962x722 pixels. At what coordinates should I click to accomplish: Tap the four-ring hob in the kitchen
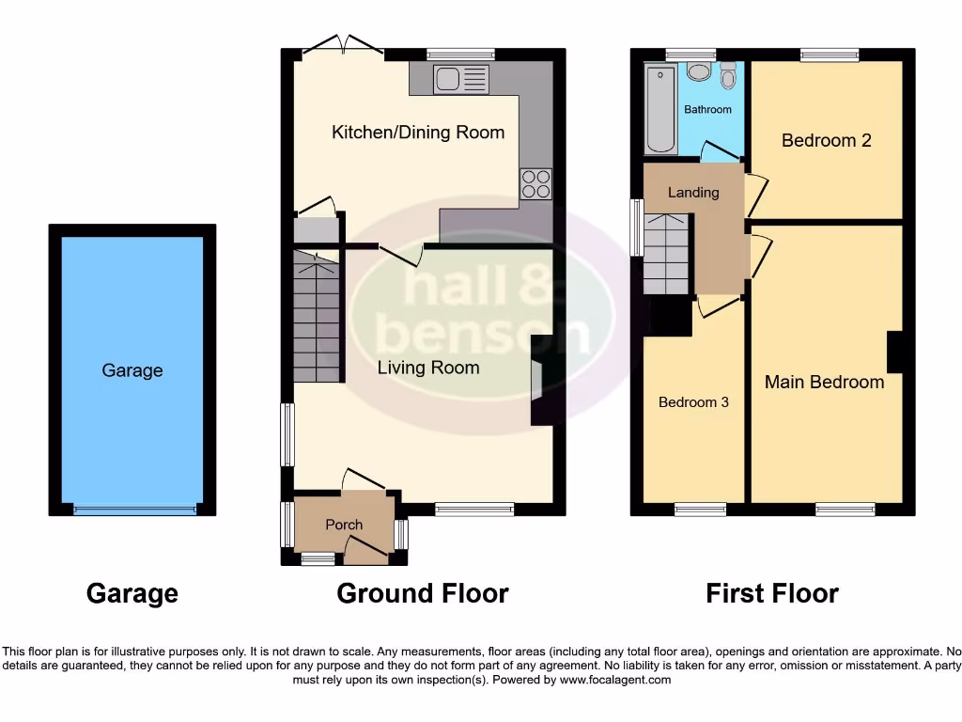(x=536, y=183)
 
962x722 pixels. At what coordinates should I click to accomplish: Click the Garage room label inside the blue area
(x=132, y=370)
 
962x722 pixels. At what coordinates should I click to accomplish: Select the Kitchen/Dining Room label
(x=418, y=133)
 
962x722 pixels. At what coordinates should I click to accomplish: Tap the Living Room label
(x=428, y=368)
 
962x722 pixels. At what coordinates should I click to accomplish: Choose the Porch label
(x=344, y=525)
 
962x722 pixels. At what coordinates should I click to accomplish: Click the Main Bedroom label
(x=824, y=382)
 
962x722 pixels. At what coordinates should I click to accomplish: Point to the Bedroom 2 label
(x=826, y=140)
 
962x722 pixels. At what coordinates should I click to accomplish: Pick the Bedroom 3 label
(x=693, y=402)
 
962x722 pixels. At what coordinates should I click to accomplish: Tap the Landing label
(x=693, y=193)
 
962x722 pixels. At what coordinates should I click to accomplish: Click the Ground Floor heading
(x=423, y=593)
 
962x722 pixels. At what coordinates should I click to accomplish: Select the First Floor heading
(x=772, y=593)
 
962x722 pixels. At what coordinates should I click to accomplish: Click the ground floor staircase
(x=317, y=316)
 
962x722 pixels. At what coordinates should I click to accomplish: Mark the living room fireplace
(x=539, y=382)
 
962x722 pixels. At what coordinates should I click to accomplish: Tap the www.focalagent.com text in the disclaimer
(x=615, y=680)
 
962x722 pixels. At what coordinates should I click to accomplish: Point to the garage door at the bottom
(x=135, y=510)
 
